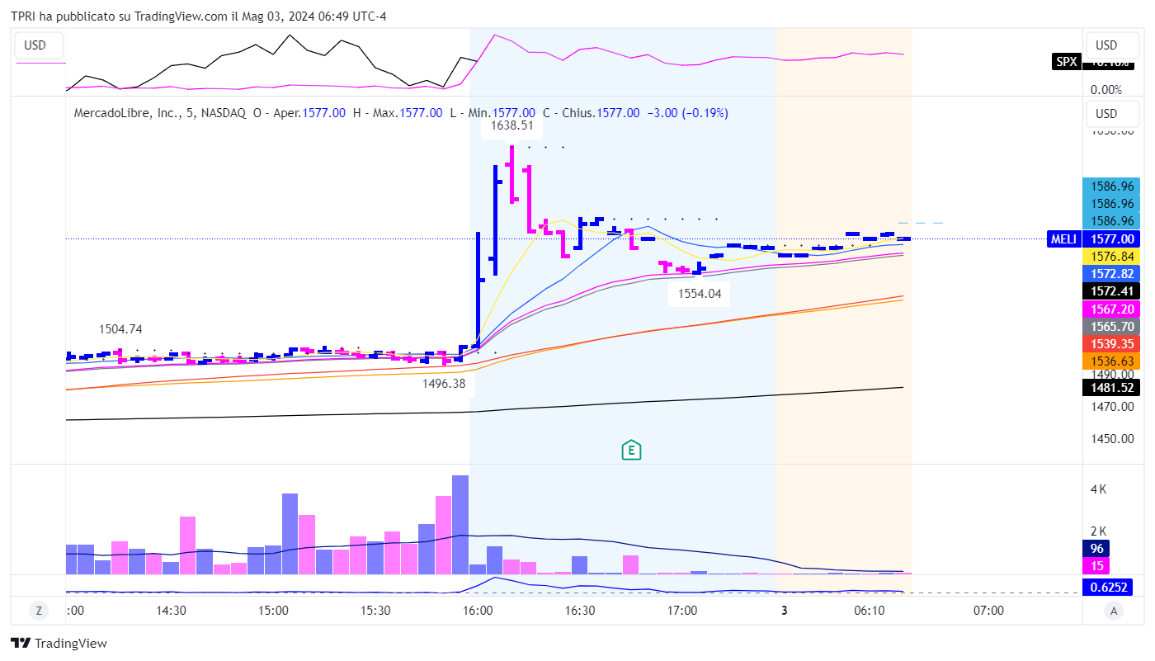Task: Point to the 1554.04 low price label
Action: tap(698, 293)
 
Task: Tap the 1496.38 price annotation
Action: tap(444, 383)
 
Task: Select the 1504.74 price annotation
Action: tap(120, 329)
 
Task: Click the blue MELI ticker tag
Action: tap(1063, 238)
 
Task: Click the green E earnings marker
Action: tap(631, 450)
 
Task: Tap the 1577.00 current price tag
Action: tap(1106, 238)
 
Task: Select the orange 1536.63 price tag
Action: tap(1106, 361)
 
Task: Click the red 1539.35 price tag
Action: tap(1106, 343)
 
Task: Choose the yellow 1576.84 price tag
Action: tap(1106, 256)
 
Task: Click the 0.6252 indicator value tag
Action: tap(1106, 587)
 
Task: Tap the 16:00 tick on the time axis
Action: tap(478, 611)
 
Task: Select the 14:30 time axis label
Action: tap(170, 611)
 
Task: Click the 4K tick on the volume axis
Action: tap(1098, 489)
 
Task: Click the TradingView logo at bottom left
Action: tap(59, 643)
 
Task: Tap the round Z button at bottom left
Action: tap(38, 611)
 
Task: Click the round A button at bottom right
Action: tap(1114, 611)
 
